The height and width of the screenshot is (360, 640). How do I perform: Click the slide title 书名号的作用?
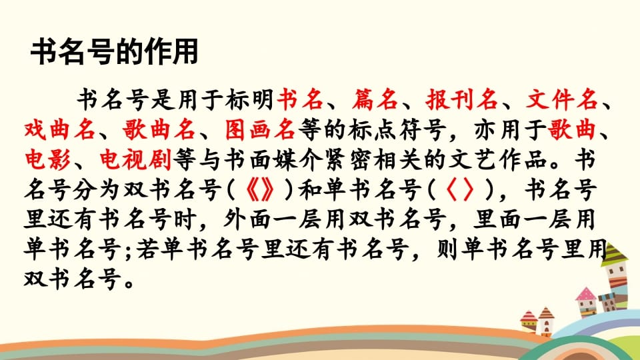(x=115, y=53)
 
